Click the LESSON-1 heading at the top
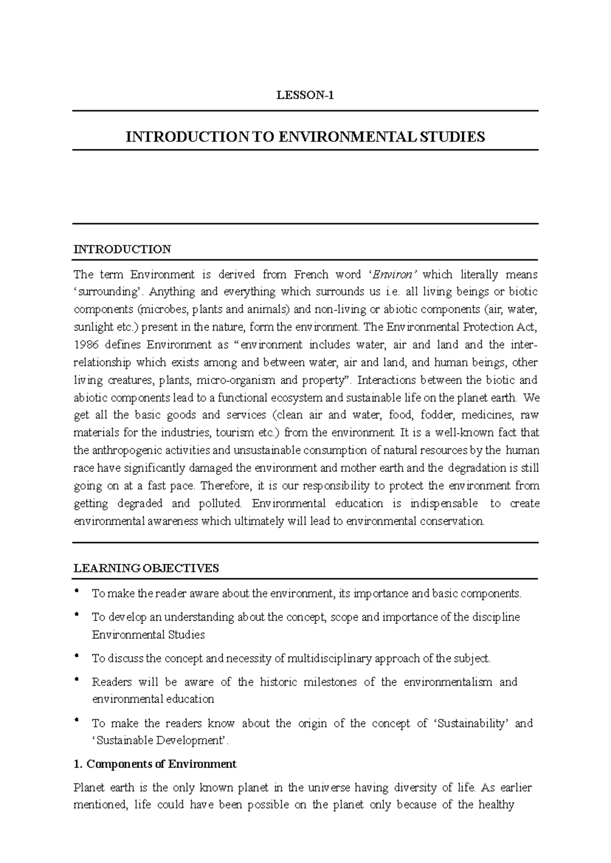[305, 95]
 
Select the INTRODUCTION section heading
[122, 249]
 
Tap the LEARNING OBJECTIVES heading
[146, 568]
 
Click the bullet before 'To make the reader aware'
[76, 591]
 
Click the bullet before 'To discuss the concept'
[76, 656]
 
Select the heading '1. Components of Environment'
[155, 764]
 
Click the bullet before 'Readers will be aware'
[76, 679]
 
